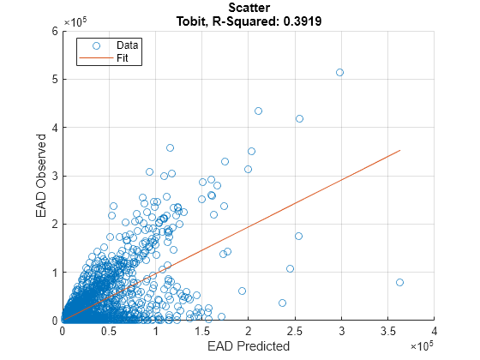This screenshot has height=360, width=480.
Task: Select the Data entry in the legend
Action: pos(128,45)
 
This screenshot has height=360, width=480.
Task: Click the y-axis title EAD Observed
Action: pos(40,176)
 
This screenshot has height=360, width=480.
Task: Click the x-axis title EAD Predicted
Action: pos(249,346)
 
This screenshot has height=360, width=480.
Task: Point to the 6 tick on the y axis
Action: pos(54,31)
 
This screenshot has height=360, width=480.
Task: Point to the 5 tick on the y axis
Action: pos(54,79)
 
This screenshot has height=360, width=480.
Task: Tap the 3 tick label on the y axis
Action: pos(54,176)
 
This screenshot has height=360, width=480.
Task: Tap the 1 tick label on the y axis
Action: pos(54,273)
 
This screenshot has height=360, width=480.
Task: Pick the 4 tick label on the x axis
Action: pos(435,331)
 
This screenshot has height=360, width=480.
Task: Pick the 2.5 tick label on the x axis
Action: pos(295,331)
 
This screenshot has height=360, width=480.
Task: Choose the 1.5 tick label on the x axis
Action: pos(201,331)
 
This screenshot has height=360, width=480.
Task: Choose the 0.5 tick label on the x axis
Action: pos(108,331)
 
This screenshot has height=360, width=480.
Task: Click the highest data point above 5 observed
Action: pos(339,72)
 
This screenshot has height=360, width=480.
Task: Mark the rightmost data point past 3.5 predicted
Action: pos(399,282)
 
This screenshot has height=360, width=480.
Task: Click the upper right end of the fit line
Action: pos(400,150)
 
